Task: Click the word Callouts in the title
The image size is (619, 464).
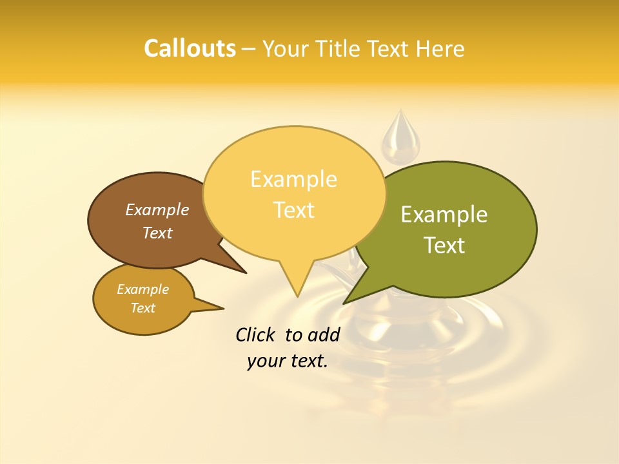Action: point(190,48)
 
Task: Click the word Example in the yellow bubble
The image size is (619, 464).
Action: point(293,179)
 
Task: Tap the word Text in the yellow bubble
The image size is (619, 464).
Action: point(293,210)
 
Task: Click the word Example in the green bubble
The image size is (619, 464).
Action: point(444,215)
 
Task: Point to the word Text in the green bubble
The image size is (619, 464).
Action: point(444,246)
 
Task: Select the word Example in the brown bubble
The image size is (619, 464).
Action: point(157,209)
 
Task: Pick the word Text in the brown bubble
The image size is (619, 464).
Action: point(157,233)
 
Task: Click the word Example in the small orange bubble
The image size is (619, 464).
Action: point(142,289)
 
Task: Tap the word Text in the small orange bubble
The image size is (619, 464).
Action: point(142,308)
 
